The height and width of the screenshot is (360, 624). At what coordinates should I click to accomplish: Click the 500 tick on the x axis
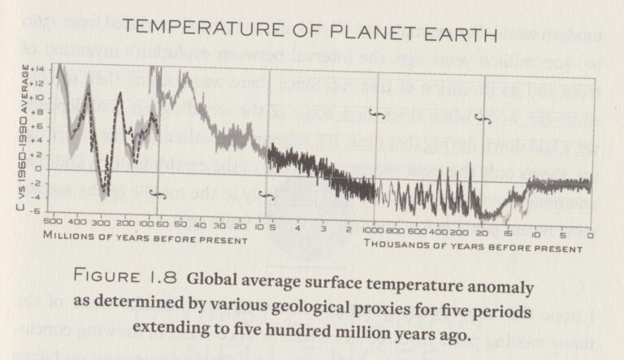(53, 223)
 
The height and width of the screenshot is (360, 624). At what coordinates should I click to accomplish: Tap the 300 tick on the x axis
(101, 223)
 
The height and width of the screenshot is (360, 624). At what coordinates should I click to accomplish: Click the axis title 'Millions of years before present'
(145, 240)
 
